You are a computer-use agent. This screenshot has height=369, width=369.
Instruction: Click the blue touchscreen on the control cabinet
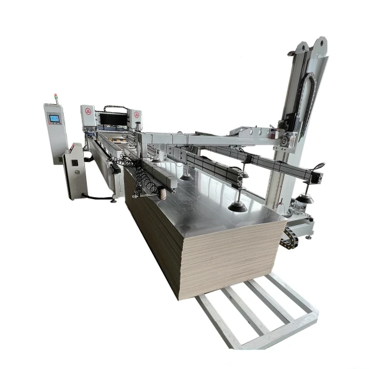[55, 118]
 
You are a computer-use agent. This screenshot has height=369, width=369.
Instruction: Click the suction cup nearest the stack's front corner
[236, 207]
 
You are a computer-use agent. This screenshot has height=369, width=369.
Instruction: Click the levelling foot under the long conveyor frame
[113, 199]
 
